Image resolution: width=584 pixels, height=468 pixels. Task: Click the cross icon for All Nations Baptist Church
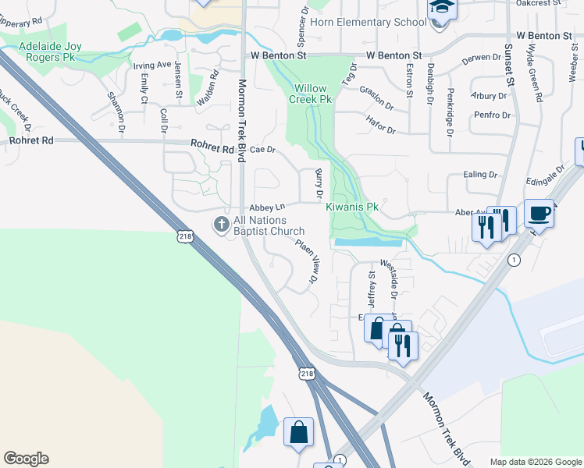222,225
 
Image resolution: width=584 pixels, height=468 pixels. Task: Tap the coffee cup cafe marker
539,212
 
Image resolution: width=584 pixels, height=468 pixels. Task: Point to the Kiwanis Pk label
352,207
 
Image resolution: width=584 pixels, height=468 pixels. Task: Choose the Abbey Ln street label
268,207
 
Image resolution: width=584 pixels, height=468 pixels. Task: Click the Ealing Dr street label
480,175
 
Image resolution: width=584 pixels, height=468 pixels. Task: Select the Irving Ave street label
151,65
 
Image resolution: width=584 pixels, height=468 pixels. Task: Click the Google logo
26,459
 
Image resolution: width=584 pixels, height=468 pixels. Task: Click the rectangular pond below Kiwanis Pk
368,243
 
